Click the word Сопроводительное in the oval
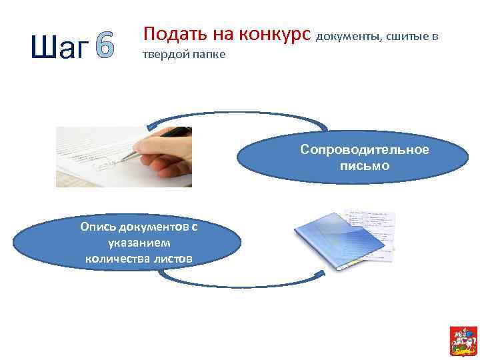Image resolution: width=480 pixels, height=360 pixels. coord(364,149)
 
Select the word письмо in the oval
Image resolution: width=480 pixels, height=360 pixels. coord(364,164)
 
